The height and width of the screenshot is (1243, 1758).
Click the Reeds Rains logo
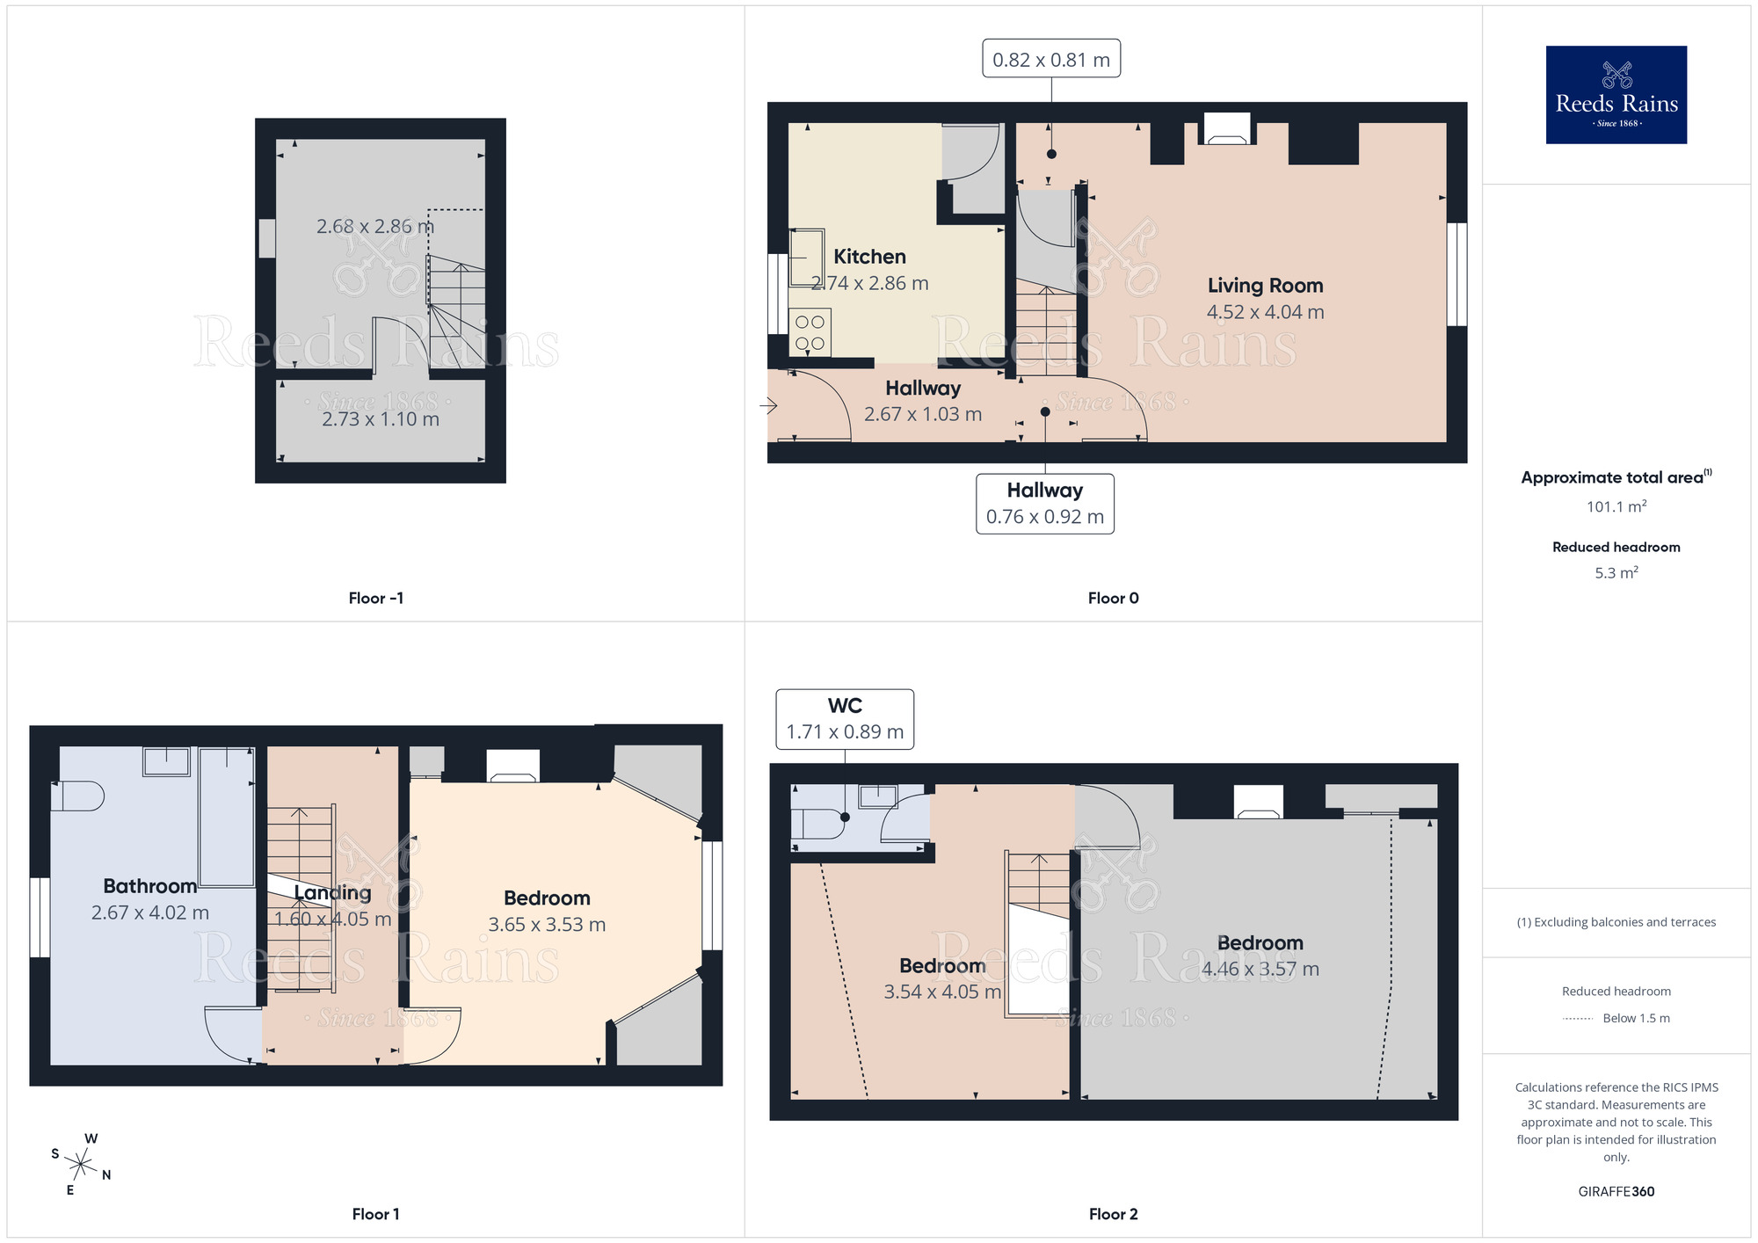pyautogui.click(x=1616, y=95)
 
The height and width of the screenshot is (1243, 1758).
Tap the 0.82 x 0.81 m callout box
pyautogui.click(x=1050, y=59)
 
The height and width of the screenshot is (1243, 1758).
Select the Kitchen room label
pyautogui.click(x=868, y=257)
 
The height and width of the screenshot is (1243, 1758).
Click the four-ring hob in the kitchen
pyautogui.click(x=810, y=332)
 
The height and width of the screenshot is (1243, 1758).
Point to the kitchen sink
pyautogui.click(x=806, y=258)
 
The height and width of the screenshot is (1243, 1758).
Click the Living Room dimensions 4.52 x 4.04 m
pyautogui.click(x=1264, y=312)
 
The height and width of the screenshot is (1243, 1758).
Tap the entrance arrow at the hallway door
pyautogui.click(x=768, y=405)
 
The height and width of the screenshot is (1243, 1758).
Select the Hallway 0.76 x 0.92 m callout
pyautogui.click(x=1044, y=504)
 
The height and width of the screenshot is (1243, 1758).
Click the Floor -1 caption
pyautogui.click(x=375, y=598)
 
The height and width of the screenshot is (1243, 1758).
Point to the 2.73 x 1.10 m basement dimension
pyautogui.click(x=380, y=419)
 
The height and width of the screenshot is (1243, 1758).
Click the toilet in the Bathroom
pyautogui.click(x=76, y=796)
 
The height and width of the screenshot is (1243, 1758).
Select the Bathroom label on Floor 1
pyautogui.click(x=149, y=886)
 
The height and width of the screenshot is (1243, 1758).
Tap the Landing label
pyautogui.click(x=332, y=893)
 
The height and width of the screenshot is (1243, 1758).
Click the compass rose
pyautogui.click(x=80, y=1165)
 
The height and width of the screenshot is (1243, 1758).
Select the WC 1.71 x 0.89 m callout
pyautogui.click(x=844, y=719)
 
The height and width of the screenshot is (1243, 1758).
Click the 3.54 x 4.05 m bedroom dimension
pyautogui.click(x=941, y=992)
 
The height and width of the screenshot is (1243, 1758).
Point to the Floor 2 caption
pyautogui.click(x=1112, y=1214)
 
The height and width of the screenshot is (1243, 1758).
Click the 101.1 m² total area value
pyautogui.click(x=1616, y=506)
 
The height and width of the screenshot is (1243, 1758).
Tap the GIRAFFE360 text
pyautogui.click(x=1616, y=1191)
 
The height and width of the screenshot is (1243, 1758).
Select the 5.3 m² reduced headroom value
pyautogui.click(x=1616, y=573)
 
